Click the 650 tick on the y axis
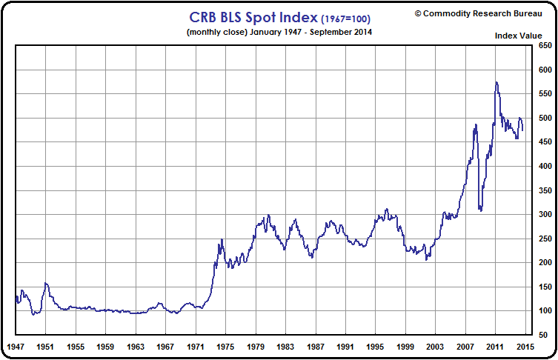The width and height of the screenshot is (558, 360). coord(545,47)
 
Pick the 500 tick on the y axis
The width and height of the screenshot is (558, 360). coord(545,119)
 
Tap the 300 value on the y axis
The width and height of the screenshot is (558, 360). coord(545,215)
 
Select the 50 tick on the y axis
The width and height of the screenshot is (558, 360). coord(544,335)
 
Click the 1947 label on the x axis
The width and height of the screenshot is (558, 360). coord(16,347)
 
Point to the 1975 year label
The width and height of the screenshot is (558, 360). coord(225,347)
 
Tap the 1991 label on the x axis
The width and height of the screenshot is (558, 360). coord(345,347)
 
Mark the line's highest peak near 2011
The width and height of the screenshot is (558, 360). coord(496,82)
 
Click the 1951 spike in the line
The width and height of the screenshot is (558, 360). coord(46,283)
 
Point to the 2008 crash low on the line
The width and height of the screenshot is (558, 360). coord(481,211)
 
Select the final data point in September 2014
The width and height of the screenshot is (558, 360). coord(522,130)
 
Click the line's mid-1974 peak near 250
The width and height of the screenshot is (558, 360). coord(221,240)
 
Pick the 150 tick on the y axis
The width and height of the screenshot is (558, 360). coord(545,287)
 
